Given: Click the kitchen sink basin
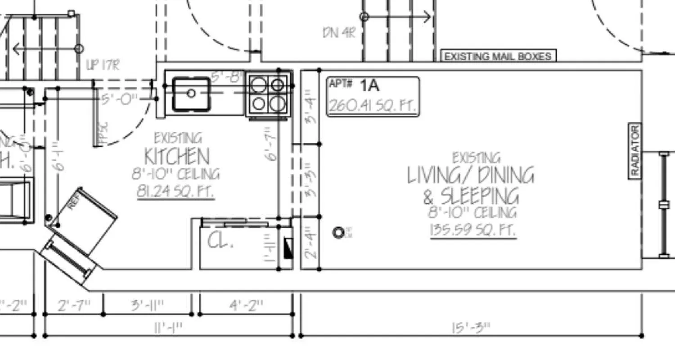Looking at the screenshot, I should coord(191,94).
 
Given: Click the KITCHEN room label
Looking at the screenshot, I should coord(177,157).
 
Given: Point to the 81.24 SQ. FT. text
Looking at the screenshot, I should coord(175,192).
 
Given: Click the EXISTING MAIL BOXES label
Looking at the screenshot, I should coord(498,56).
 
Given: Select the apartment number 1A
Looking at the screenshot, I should coord(369,85).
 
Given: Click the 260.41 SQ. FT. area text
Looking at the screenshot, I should coord(372,106).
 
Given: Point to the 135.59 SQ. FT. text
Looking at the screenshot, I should coord(473,230).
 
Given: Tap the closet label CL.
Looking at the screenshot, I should coord(220,242).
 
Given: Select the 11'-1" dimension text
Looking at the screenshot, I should coord(168,328).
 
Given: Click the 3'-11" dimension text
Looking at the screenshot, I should coord(148,306).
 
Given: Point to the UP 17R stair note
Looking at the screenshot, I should coord(103,66).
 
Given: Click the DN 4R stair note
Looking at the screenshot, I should coord(339,33).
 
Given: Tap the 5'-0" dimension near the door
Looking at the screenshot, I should coord(119,99).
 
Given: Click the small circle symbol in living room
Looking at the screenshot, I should coord(338,233).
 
